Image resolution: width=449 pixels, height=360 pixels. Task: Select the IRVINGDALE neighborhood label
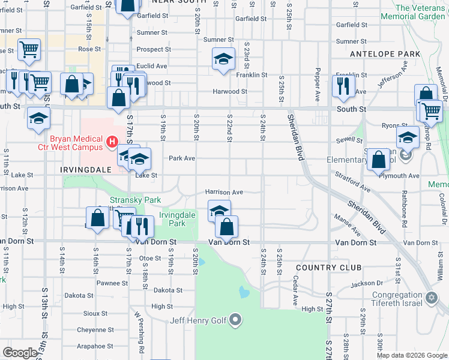tap(86, 170)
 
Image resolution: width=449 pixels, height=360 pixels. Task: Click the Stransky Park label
tap(127, 200)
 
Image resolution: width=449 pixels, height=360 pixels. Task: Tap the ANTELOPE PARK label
tap(393, 54)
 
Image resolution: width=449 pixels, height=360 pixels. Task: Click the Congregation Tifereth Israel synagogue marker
tap(431, 298)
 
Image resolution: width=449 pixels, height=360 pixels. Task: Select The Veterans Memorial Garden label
tap(420, 13)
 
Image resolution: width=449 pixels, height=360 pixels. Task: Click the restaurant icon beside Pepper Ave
tap(343, 85)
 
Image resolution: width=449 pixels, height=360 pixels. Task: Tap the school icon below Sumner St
tap(223, 59)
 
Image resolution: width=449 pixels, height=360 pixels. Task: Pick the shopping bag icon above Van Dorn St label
tap(226, 226)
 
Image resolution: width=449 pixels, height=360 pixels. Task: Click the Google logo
tap(20, 353)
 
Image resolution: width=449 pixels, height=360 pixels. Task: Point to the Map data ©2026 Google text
tap(411, 355)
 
